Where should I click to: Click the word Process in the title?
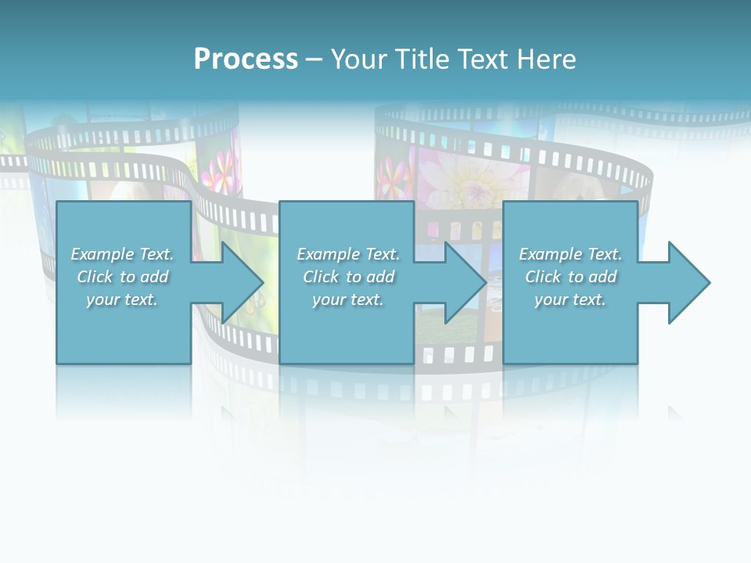[x=246, y=59]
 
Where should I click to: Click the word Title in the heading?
[x=423, y=59]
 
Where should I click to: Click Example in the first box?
[x=102, y=254]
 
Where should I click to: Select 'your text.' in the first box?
[x=122, y=299]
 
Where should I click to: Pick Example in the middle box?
[x=329, y=254]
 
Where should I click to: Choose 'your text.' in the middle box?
[x=348, y=299]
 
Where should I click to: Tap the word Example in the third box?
[x=551, y=254]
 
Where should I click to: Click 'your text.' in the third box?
[x=570, y=299]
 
